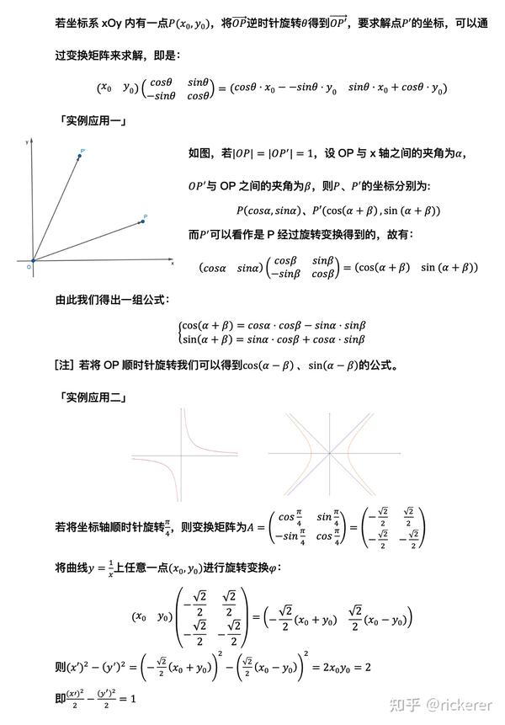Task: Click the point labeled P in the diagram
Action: pos(141,222)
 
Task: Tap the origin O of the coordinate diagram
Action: pos(33,261)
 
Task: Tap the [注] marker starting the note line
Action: pos(64,365)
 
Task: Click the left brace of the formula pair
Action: pos(180,332)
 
